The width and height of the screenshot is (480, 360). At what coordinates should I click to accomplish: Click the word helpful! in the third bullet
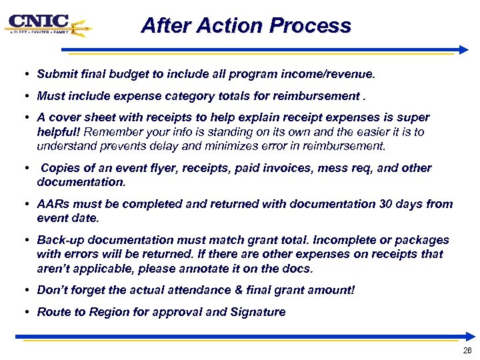59,131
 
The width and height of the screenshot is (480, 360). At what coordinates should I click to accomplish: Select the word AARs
52,204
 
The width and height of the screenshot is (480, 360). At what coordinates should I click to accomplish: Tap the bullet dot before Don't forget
24,291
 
